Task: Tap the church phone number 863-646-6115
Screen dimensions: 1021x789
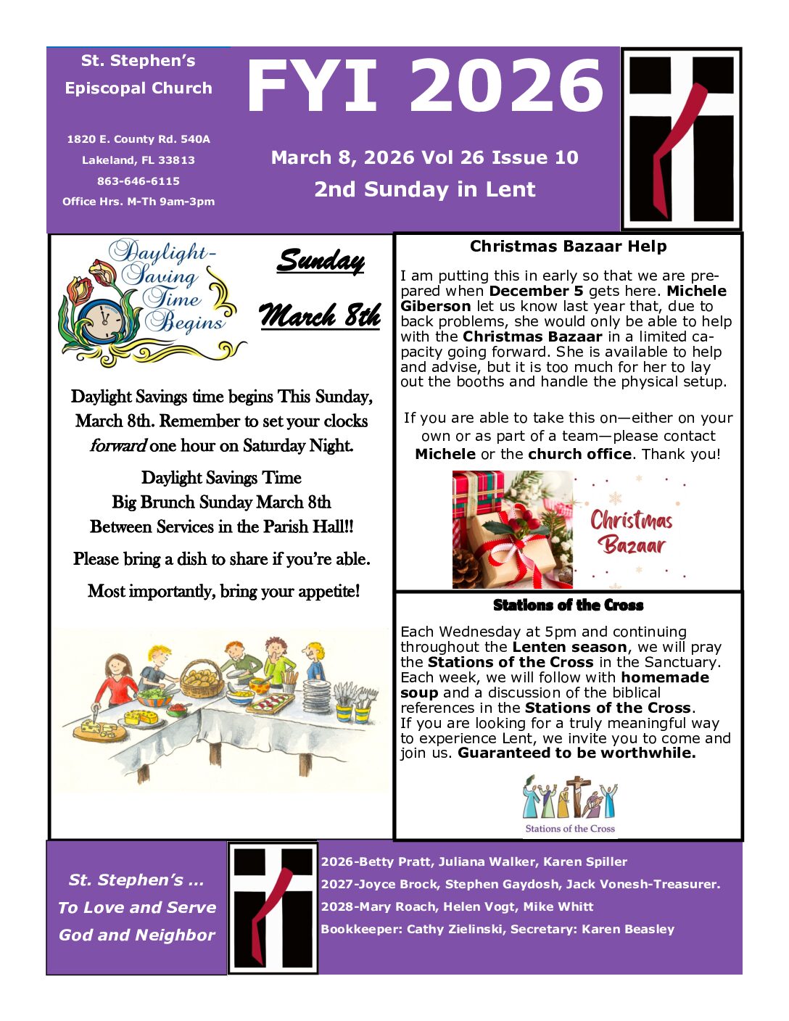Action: coord(139,181)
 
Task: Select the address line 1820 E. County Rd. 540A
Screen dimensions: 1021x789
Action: coord(139,139)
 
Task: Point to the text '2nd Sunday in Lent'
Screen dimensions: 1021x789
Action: coord(424,189)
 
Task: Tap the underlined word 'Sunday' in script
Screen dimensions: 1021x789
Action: coord(321,261)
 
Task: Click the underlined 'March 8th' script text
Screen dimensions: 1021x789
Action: coord(320,316)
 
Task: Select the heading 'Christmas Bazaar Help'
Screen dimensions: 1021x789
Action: coord(568,247)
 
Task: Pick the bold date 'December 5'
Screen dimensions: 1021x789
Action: coord(536,291)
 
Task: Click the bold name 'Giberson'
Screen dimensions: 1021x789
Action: coord(435,306)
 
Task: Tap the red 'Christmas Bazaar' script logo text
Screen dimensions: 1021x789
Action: coord(631,532)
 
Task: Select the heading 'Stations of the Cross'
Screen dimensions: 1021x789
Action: coord(568,605)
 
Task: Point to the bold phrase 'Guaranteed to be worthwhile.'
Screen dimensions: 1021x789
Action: coord(577,753)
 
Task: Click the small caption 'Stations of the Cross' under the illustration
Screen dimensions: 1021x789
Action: coord(570,829)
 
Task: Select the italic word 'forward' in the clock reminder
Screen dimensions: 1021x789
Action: coord(118,446)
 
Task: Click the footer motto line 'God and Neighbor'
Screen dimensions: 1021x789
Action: coord(137,935)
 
